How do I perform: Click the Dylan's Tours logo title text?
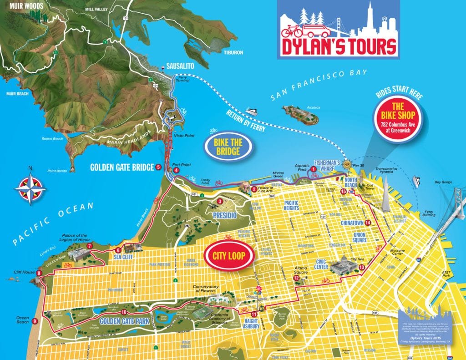coord(338,46)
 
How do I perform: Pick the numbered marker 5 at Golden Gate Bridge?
coord(158,167)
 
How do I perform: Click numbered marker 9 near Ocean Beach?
coord(35,321)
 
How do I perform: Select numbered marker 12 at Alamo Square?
coord(296,278)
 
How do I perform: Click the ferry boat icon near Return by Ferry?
coord(252,111)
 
